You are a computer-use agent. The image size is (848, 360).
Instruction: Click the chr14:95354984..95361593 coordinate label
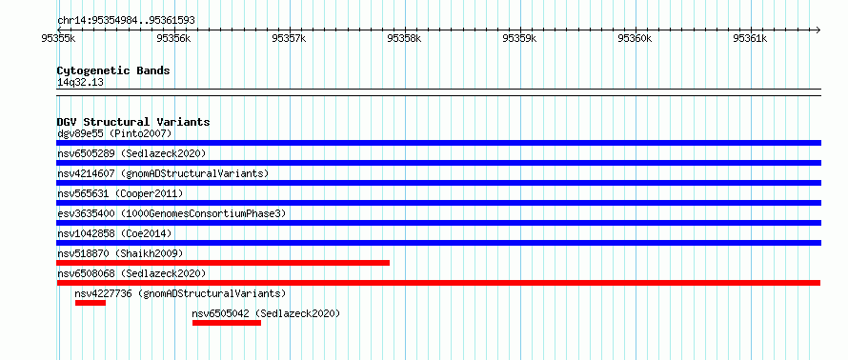[126, 21]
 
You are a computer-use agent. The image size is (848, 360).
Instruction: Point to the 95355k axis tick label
[58, 38]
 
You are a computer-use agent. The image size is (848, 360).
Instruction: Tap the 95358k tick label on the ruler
[405, 38]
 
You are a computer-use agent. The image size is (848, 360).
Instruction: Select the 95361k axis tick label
[750, 38]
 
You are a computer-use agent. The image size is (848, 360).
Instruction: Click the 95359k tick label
[519, 38]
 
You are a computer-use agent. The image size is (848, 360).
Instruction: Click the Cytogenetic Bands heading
[113, 70]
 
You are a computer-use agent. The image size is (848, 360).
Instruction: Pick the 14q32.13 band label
[81, 83]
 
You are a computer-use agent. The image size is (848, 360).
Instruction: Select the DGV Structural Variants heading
[133, 122]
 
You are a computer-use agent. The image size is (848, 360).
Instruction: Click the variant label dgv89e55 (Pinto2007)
[114, 133]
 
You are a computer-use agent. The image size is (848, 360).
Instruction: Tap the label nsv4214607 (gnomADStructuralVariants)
[163, 173]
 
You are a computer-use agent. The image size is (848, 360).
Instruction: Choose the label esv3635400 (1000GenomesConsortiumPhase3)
[172, 213]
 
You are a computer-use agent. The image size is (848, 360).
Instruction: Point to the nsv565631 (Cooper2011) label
[121, 193]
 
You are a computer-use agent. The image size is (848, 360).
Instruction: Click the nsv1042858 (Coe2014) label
[114, 233]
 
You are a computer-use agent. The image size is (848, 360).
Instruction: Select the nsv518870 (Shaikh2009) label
[121, 253]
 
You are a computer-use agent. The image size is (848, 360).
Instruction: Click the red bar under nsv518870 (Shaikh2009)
[223, 263]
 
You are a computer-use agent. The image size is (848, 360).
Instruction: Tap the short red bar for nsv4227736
[91, 303]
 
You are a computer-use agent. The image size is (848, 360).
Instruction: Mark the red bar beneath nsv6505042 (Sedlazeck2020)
[227, 323]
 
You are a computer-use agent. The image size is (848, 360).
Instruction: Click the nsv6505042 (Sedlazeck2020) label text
[266, 313]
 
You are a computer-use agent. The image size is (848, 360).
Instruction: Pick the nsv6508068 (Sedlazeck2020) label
[131, 273]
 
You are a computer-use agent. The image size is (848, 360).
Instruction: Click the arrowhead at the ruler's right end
[818, 30]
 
